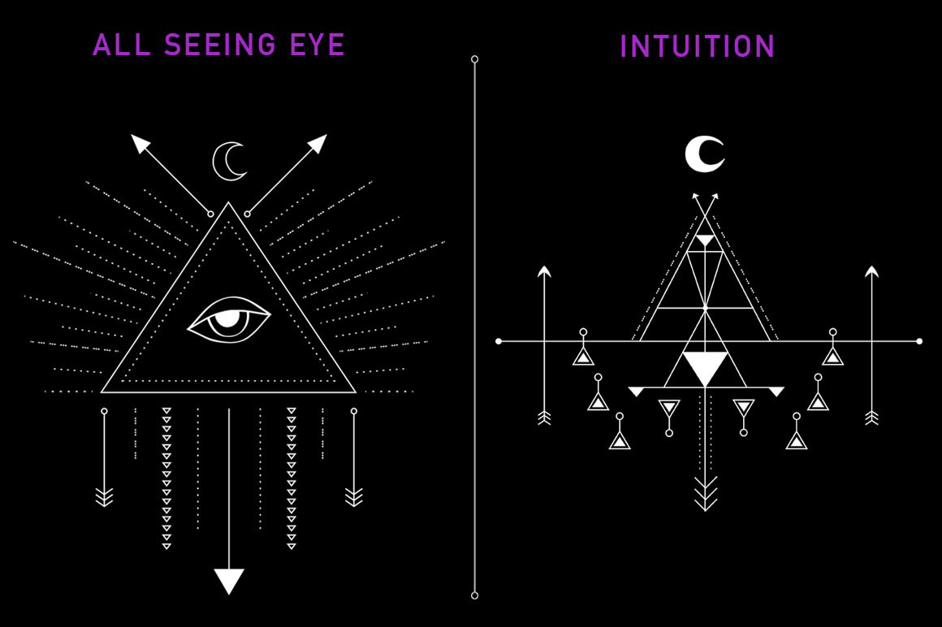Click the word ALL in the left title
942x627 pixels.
tap(122, 45)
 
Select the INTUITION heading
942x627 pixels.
tap(697, 46)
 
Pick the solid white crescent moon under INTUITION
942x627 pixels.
tap(701, 154)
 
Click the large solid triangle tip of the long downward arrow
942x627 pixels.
tap(229, 580)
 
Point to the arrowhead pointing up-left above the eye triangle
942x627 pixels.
tap(140, 143)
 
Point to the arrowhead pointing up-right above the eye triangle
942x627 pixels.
tap(318, 143)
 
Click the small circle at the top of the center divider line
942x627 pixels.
tap(474, 58)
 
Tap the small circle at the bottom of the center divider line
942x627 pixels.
tap(474, 596)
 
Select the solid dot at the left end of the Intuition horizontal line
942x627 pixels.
tap(499, 341)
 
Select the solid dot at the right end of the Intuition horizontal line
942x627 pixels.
tap(919, 341)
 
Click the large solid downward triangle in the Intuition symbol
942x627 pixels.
tap(706, 365)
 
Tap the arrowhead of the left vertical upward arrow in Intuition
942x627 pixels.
tap(544, 271)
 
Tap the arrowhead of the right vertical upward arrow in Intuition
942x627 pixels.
tap(871, 271)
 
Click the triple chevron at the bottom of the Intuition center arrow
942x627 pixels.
tap(706, 494)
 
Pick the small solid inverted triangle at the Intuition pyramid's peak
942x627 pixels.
tap(706, 240)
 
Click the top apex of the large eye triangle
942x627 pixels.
tap(228, 202)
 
